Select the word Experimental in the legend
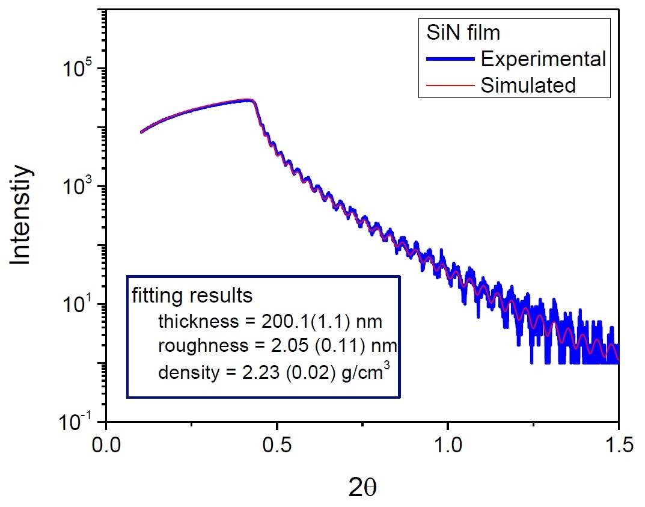(x=543, y=59)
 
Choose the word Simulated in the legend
(x=528, y=85)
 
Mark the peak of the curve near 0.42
(x=249, y=100)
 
